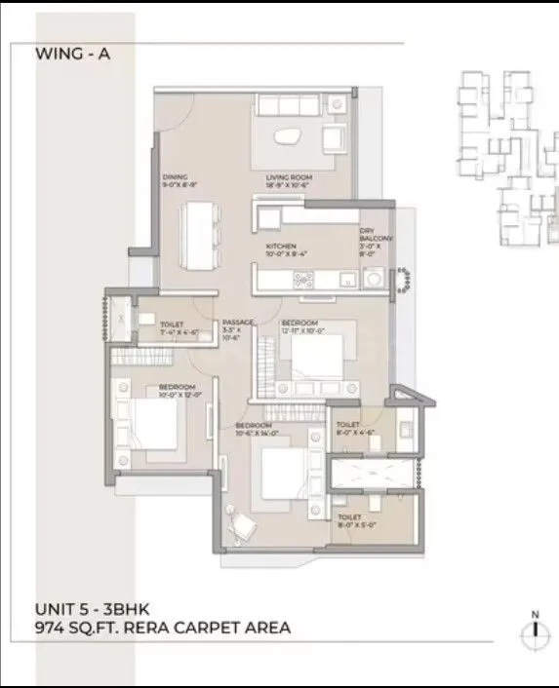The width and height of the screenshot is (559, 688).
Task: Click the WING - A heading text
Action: coord(73,55)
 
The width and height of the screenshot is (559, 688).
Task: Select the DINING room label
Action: coord(175,177)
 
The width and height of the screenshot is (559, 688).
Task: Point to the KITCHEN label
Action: coord(282,247)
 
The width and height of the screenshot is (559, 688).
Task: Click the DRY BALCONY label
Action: coord(376,232)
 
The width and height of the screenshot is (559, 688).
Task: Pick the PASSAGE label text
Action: coord(237,323)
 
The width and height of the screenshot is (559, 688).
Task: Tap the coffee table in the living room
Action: coord(290,137)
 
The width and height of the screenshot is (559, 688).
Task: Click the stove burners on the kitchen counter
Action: coord(303,281)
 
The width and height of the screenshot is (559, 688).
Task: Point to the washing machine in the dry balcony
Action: coord(373,280)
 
